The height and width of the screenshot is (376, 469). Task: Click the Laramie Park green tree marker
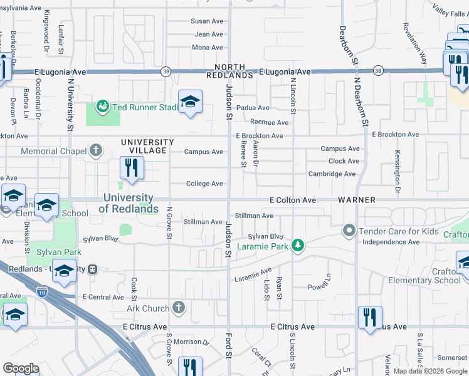[300, 246]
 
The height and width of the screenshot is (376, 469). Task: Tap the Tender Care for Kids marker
[349, 231]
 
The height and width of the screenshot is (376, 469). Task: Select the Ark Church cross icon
[179, 308]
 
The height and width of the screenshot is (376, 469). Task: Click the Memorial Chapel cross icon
[95, 150]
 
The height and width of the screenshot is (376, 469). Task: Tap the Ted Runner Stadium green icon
[103, 107]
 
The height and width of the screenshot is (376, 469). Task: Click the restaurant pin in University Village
[132, 168]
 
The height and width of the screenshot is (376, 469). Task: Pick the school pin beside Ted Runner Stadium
[190, 102]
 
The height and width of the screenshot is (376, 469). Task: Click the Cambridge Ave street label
[333, 174]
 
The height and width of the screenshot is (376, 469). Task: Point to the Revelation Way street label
[414, 44]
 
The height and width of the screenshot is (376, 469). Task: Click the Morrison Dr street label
[191, 342]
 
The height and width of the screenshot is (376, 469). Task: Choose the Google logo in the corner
[21, 368]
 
